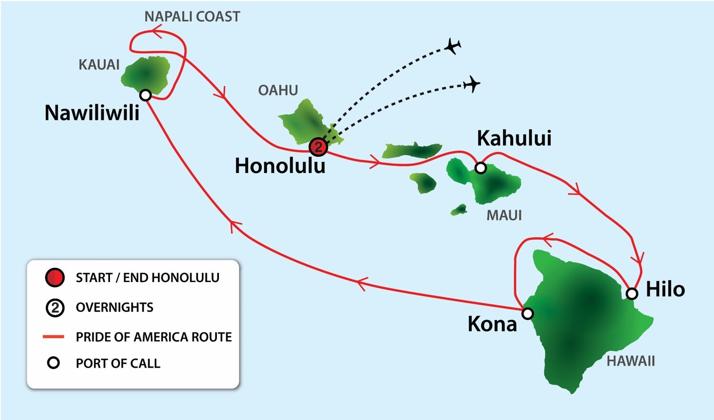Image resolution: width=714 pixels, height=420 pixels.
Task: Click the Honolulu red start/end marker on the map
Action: (x=318, y=147)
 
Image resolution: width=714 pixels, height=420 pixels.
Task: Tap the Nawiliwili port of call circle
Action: (x=146, y=95)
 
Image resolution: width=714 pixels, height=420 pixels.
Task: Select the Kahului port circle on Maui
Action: (x=481, y=168)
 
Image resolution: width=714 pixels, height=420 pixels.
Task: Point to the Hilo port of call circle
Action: (x=632, y=293)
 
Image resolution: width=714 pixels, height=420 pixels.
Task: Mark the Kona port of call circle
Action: (x=527, y=313)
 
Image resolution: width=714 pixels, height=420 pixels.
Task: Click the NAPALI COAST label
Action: (x=192, y=17)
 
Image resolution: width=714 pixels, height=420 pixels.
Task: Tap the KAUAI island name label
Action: (x=99, y=65)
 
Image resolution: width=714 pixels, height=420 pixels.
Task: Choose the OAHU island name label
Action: (x=278, y=90)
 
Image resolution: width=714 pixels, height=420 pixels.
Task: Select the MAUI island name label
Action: (x=504, y=215)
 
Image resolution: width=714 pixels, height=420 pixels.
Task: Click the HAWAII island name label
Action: (x=631, y=361)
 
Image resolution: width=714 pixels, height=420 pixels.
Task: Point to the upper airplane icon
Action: (x=453, y=47)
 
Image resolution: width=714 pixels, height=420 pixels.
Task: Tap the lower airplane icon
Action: (x=472, y=84)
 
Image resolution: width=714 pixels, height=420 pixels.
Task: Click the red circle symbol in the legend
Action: (x=55, y=277)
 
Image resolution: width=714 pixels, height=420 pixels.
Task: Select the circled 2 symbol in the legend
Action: (x=55, y=308)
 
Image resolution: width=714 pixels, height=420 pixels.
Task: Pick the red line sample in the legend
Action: (x=53, y=337)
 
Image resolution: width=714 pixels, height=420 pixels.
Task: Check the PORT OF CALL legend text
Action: (x=118, y=363)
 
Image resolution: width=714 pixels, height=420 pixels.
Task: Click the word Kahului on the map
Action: (x=514, y=138)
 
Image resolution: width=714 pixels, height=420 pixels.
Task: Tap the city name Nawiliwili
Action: (x=92, y=113)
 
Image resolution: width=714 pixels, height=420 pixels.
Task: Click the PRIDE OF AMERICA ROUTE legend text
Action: (x=154, y=337)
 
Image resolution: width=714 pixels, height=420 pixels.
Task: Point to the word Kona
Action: (x=492, y=324)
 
